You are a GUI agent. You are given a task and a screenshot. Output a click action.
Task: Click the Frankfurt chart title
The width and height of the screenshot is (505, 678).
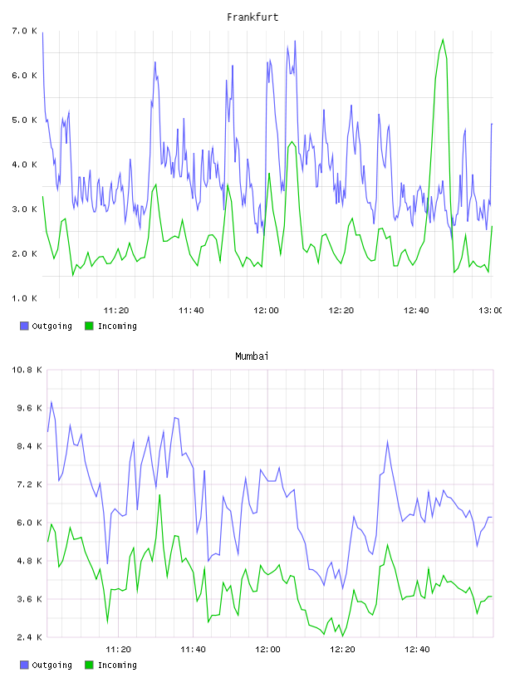click(x=252, y=17)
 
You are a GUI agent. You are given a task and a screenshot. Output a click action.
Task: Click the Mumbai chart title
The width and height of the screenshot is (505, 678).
click(x=252, y=356)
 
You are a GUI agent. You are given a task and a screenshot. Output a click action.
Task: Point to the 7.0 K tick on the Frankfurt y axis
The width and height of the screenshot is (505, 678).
click(x=25, y=31)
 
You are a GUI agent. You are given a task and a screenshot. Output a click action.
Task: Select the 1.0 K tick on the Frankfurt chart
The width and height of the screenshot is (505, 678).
click(x=25, y=298)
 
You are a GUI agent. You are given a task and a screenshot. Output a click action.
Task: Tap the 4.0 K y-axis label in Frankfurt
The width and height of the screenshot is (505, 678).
click(x=25, y=165)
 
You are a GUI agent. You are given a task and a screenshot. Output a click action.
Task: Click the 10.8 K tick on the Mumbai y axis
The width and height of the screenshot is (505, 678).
click(x=27, y=370)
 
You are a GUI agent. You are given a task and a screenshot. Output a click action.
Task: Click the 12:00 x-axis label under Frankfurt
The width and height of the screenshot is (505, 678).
click(x=266, y=311)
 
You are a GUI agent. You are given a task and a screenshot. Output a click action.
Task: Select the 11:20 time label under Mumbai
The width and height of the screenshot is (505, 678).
click(x=118, y=650)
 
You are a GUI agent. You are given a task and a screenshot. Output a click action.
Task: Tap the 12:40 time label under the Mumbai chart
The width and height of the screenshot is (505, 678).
click(x=417, y=650)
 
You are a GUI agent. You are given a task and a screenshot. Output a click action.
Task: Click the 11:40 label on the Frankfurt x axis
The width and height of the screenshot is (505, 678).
click(x=191, y=311)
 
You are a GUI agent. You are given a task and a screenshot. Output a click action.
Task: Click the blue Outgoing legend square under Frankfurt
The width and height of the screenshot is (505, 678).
click(x=24, y=326)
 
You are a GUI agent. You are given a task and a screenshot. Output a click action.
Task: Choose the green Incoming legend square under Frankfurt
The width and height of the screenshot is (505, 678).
click(x=89, y=326)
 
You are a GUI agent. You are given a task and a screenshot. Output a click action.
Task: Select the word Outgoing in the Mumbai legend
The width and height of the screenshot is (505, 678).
click(x=51, y=665)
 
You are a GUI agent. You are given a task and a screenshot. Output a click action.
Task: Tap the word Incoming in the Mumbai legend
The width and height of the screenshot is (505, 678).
click(x=117, y=665)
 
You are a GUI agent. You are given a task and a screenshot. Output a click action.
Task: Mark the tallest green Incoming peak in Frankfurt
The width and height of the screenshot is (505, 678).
click(x=443, y=40)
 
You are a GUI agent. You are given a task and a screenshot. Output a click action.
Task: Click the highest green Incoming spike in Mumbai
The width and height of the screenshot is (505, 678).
click(x=159, y=495)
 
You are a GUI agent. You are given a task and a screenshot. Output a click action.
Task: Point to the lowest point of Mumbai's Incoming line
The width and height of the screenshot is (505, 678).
click(x=342, y=636)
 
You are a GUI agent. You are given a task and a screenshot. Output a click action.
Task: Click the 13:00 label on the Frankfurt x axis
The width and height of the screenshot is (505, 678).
click(x=490, y=311)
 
